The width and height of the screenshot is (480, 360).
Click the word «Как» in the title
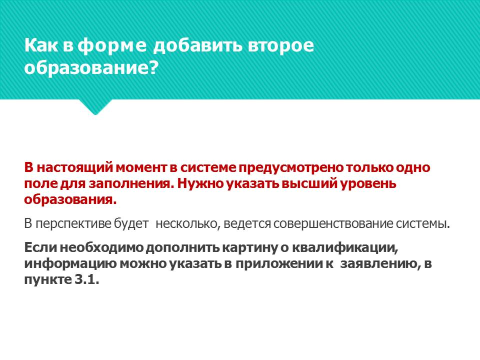pyautogui.click(x=41, y=45)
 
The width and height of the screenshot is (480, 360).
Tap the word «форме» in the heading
pyautogui.click(x=111, y=46)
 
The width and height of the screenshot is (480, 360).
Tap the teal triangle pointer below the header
pyautogui.click(x=95, y=106)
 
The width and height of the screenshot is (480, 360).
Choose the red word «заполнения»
pyautogui.click(x=131, y=183)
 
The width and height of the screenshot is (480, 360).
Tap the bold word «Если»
pyautogui.click(x=40, y=247)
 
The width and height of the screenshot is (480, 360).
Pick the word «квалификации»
pyautogui.click(x=345, y=247)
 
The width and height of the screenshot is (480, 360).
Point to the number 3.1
pyautogui.click(x=86, y=280)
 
